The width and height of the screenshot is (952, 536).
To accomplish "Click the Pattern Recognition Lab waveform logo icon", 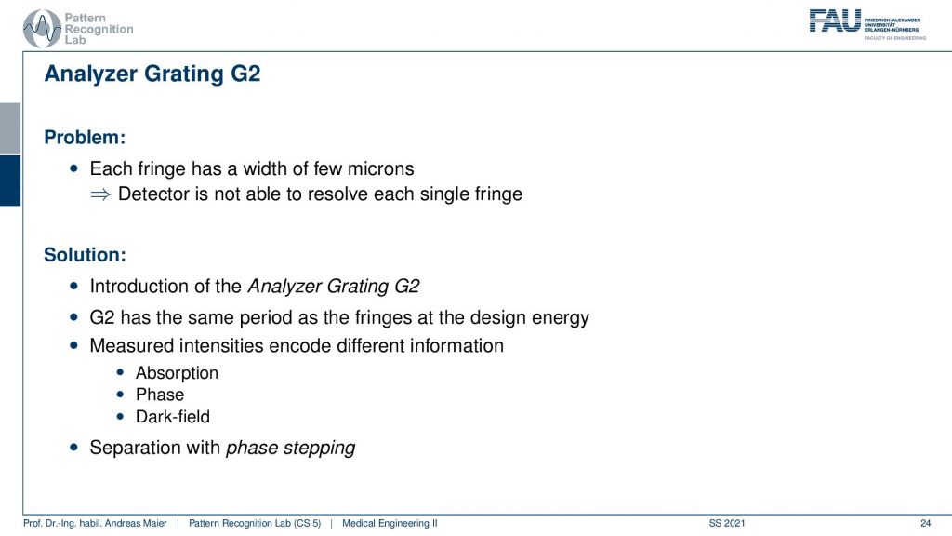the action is [x=42, y=29].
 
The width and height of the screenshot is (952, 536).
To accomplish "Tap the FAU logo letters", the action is [x=835, y=20].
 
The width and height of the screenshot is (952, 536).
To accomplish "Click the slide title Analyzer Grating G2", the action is [x=152, y=74].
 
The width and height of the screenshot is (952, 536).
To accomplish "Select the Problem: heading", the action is [x=85, y=138].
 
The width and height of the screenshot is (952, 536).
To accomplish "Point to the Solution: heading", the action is [x=85, y=255].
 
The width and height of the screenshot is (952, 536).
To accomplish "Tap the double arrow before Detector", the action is [x=100, y=194].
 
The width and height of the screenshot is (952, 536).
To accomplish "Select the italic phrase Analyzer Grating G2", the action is [x=334, y=287].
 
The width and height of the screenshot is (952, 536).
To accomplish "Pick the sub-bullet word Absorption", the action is [x=177, y=373].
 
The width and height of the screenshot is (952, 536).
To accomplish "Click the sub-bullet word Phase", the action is [x=160, y=395].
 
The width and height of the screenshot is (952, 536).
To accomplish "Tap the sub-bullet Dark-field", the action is [x=172, y=417].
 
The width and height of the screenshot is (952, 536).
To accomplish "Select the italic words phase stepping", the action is [x=290, y=448].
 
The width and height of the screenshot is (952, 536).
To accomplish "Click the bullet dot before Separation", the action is [x=74, y=448].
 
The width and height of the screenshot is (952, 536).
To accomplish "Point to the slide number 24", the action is [x=925, y=523].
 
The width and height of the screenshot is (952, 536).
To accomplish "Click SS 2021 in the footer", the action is [x=727, y=523].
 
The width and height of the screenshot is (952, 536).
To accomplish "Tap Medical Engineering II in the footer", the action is [x=390, y=523].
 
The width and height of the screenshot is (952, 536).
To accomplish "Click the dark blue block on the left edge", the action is [x=10, y=181].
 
